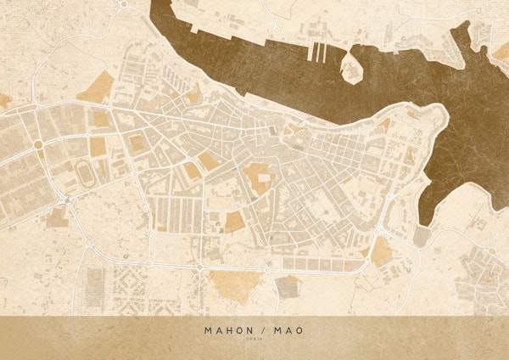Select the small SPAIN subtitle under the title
255,340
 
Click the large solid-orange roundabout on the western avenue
38,145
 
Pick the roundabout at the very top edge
123,4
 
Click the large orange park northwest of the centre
101,86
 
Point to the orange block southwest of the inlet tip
383,250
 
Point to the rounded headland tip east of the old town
441,115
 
